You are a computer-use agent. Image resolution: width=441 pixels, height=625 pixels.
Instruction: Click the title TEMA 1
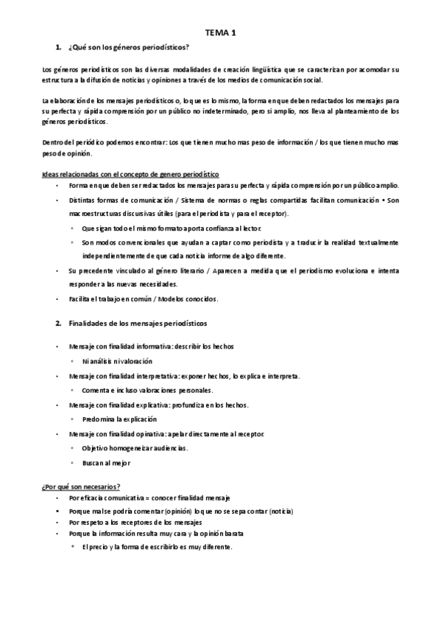221,32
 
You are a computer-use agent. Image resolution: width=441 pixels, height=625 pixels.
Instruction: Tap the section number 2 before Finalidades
58,323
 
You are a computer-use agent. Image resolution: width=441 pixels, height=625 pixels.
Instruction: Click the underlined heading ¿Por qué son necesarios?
81,487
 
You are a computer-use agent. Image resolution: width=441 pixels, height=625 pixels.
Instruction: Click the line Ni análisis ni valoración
117,361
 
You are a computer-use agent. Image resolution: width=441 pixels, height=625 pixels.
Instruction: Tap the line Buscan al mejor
107,462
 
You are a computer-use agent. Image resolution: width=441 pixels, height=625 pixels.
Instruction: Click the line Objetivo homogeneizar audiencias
135,447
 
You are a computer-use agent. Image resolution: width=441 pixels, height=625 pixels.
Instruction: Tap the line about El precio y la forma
158,547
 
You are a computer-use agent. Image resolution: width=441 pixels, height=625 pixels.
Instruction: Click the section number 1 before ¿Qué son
58,48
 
